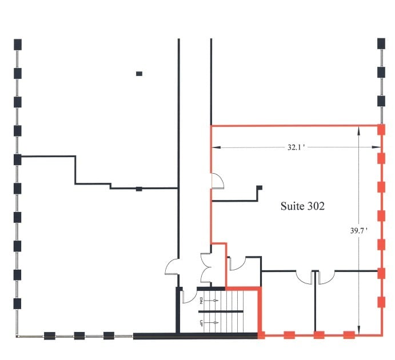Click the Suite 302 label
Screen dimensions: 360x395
pos(302,206)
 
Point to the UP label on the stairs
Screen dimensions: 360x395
pos(202,323)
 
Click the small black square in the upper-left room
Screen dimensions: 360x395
pos(139,73)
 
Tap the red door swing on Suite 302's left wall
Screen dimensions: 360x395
pos(217,181)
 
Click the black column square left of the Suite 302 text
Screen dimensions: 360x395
pos(259,188)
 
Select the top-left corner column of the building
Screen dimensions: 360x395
pos(18,44)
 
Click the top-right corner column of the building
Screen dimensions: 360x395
pos(381,44)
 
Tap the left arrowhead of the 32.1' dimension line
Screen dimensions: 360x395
pos(214,147)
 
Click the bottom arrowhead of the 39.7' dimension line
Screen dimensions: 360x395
pos(358,331)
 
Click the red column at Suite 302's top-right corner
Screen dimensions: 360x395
pos(381,130)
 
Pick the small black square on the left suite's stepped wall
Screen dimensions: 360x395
pos(138,189)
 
